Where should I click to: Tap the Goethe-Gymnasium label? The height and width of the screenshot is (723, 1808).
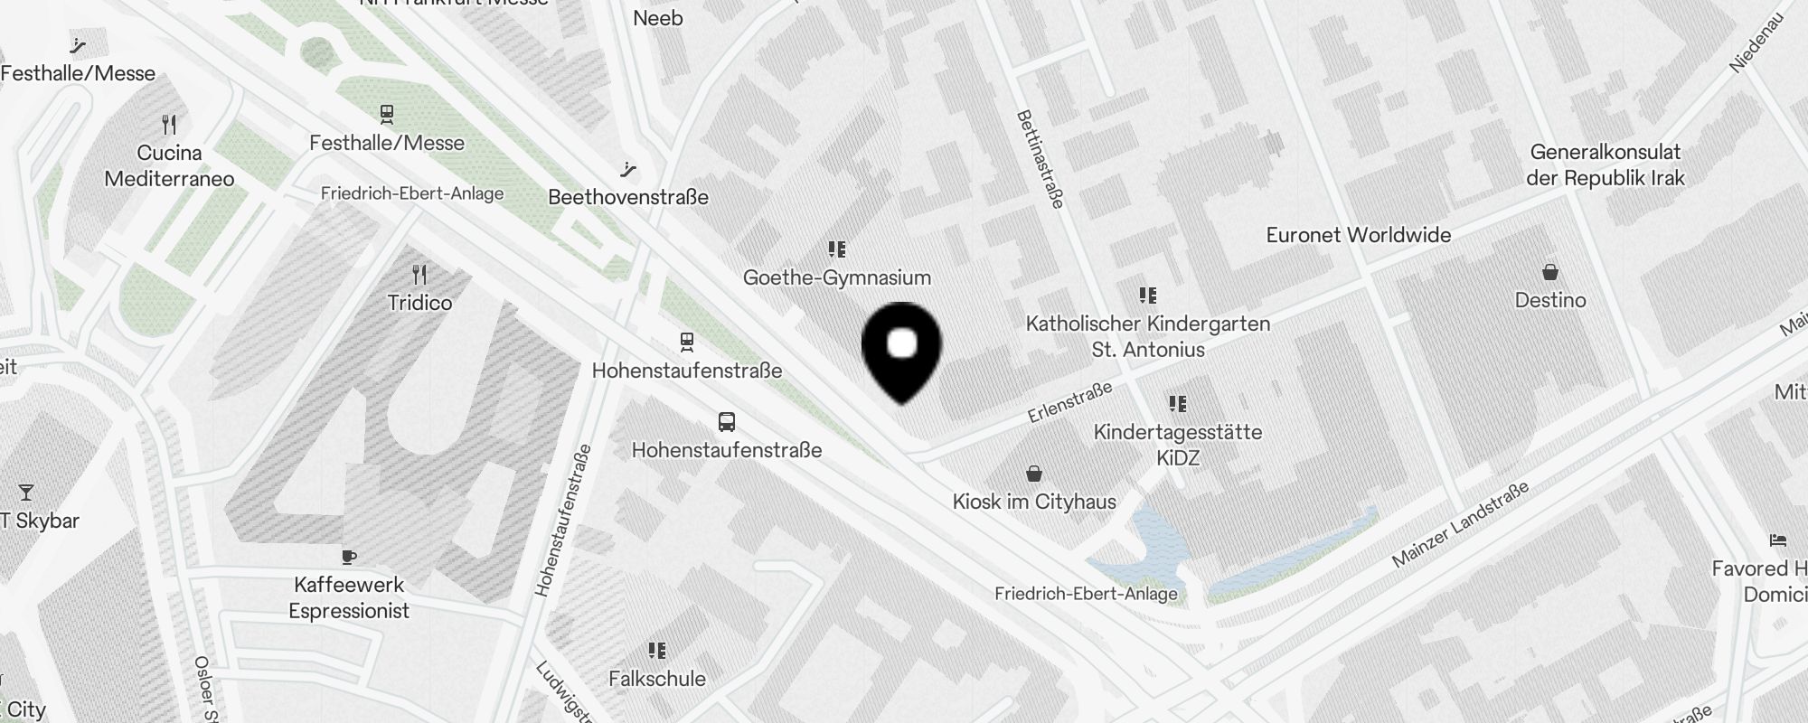[x=836, y=277]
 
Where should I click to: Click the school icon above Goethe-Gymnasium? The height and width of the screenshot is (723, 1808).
[x=836, y=249]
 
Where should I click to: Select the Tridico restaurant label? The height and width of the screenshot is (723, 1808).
[x=419, y=303]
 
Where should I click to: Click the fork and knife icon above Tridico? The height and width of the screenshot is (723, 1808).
[x=419, y=274]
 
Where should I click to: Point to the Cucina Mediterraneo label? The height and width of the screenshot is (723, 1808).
[x=169, y=165]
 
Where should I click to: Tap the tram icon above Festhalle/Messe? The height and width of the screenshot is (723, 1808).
[x=387, y=114]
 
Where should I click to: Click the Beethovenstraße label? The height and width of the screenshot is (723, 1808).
[x=628, y=197]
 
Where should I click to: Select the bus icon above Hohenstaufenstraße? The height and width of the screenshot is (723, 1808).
[x=726, y=421]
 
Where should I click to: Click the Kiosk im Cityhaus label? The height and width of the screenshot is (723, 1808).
[x=1034, y=502]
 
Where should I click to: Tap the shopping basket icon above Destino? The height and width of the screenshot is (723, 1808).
[x=1550, y=271]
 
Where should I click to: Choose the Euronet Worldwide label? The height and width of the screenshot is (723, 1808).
[x=1358, y=235]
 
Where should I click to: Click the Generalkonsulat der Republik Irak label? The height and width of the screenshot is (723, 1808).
[x=1605, y=164]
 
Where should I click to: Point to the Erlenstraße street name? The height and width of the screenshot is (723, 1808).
[x=1069, y=403]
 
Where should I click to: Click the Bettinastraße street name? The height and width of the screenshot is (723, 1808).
[x=1040, y=159]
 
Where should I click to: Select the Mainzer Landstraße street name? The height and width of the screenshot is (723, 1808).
[x=1460, y=524]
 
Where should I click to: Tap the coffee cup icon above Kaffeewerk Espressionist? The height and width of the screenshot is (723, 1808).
[x=349, y=557]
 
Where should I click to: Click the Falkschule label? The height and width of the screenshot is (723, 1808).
[x=657, y=679]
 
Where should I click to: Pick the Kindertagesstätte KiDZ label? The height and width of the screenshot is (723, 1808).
[x=1178, y=445]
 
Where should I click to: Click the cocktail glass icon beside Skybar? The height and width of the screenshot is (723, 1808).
[x=26, y=493]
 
